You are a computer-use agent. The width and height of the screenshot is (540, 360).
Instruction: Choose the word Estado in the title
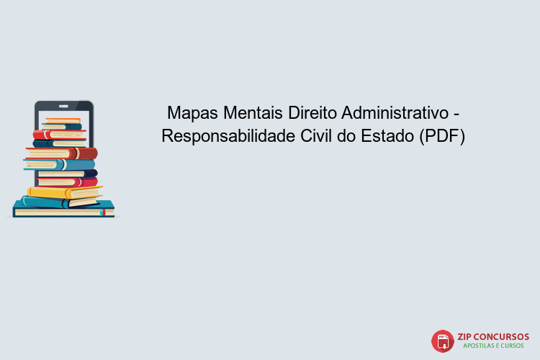point(389,136)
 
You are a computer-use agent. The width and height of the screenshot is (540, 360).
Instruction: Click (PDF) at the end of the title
point(442,136)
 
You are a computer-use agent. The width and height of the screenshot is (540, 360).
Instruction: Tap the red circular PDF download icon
point(443,341)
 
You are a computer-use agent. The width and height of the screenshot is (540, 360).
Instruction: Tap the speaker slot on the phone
point(64,105)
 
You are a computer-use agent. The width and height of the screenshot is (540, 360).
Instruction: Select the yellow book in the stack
point(65,192)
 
